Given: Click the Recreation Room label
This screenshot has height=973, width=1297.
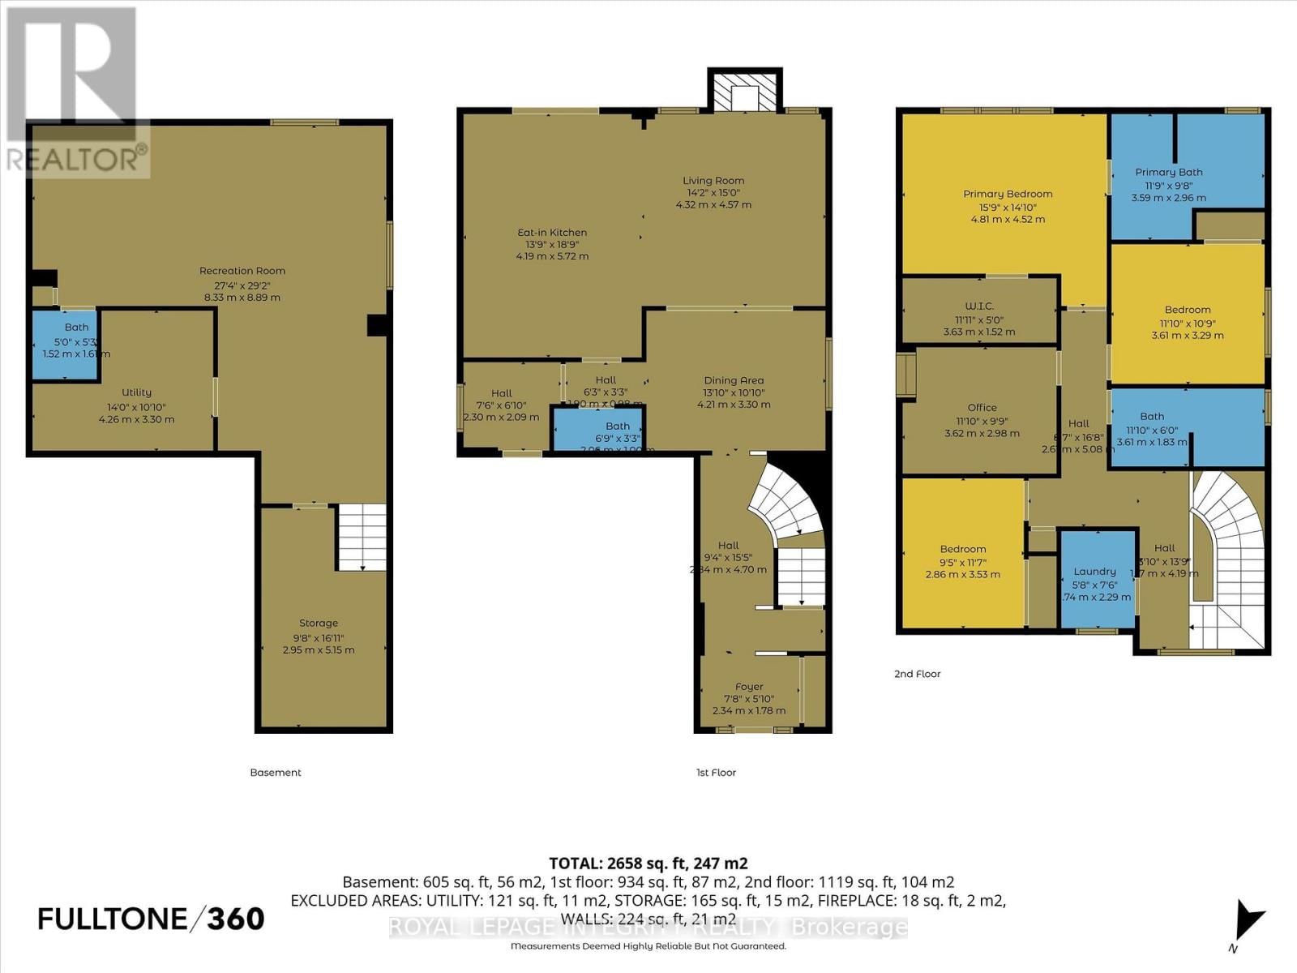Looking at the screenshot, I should tap(242, 271).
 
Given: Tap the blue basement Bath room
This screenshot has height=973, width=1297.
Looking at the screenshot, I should tap(66, 345).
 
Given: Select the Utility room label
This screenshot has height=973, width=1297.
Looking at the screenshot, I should tap(136, 392).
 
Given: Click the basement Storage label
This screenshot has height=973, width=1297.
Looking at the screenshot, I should tap(318, 624).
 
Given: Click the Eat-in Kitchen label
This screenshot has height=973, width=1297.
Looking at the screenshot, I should tap(552, 233).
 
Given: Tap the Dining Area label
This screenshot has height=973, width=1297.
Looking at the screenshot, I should tap(734, 380).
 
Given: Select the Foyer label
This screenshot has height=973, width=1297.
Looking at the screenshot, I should tap(749, 687).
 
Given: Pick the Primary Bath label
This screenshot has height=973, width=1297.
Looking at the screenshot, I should tap(1168, 172).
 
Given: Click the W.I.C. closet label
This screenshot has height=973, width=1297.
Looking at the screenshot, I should tap(979, 306).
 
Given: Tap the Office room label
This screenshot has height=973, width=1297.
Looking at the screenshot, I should tap(982, 408).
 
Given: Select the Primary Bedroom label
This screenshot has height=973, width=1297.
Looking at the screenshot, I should tap(1008, 194).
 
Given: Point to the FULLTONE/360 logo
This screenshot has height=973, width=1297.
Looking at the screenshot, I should tap(152, 919).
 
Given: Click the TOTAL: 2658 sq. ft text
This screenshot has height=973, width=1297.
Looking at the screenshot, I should tap(648, 864).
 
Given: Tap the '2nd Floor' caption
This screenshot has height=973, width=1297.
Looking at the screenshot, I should tap(917, 674).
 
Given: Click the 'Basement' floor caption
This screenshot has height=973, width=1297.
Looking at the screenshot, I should tap(276, 773).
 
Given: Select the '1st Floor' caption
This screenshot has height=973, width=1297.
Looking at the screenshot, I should tap(716, 773).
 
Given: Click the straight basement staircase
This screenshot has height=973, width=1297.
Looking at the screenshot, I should tap(362, 537).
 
